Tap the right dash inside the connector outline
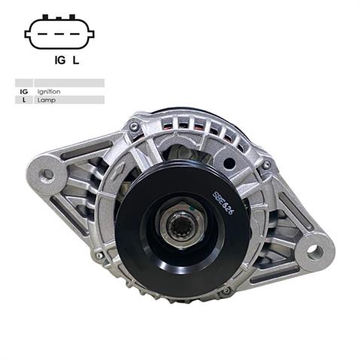(x=76, y=34)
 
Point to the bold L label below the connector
(x=76, y=61)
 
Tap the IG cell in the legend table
(x=23, y=91)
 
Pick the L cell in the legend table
(x=23, y=99)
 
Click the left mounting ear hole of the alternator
(x=47, y=175)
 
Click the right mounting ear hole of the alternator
(x=314, y=252)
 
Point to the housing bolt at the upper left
(x=134, y=127)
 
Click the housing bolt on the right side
(x=267, y=165)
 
